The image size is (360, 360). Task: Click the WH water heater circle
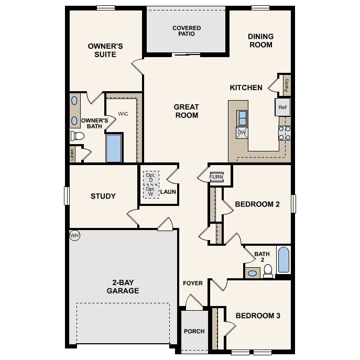tap(74, 236)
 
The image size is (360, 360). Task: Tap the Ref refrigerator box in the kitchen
tap(283, 107)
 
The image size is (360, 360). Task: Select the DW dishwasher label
tap(242, 133)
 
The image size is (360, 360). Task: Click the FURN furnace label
tap(216, 177)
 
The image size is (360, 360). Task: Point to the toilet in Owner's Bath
tap(78, 136)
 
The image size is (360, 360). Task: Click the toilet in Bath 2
tap(268, 270)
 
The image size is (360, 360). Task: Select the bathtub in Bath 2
tap(283, 260)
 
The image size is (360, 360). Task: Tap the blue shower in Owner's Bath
tap(114, 148)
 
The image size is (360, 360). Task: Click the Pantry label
tap(286, 84)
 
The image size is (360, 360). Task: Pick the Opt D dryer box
tap(151, 177)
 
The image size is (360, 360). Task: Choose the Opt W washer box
tap(151, 191)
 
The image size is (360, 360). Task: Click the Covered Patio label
tap(187, 31)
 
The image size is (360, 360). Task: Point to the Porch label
tap(194, 331)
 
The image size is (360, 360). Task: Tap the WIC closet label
tap(123, 114)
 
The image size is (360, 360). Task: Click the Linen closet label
tap(72, 154)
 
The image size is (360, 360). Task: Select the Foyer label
tap(193, 283)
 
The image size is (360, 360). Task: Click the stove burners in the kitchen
tap(284, 133)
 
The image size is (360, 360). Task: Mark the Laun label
tap(168, 192)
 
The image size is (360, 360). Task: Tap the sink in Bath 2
tap(252, 273)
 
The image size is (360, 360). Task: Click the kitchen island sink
tap(242, 117)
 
